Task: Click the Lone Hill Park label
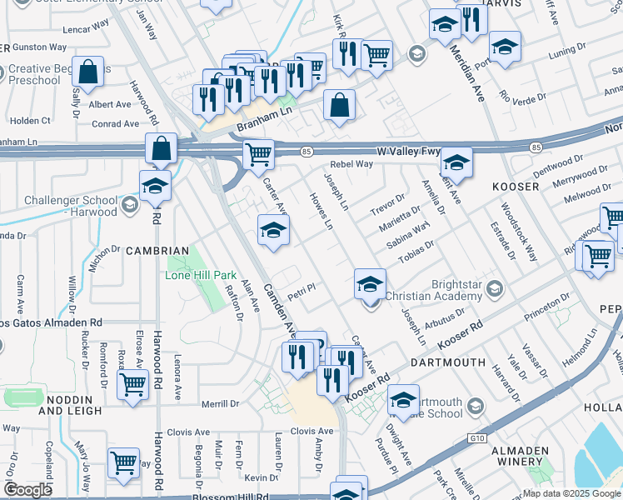tap(201, 275)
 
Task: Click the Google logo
tap(27, 490)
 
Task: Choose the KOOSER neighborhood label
tap(516, 186)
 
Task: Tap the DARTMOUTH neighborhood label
tap(447, 362)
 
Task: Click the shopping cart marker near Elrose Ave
tap(132, 386)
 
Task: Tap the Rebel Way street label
tap(351, 164)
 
